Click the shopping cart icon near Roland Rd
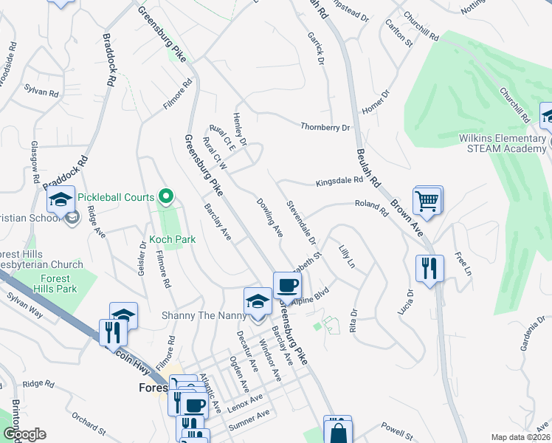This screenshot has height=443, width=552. [428, 199]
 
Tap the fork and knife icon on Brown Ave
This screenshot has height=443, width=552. [429, 269]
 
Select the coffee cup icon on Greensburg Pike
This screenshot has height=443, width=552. [287, 285]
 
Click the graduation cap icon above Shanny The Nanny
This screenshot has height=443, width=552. [258, 301]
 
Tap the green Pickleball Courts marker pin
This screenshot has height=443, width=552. [167, 196]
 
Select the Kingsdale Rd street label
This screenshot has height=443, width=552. [339, 180]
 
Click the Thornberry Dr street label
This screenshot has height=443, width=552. [325, 127]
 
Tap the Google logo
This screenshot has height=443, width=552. [24, 434]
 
